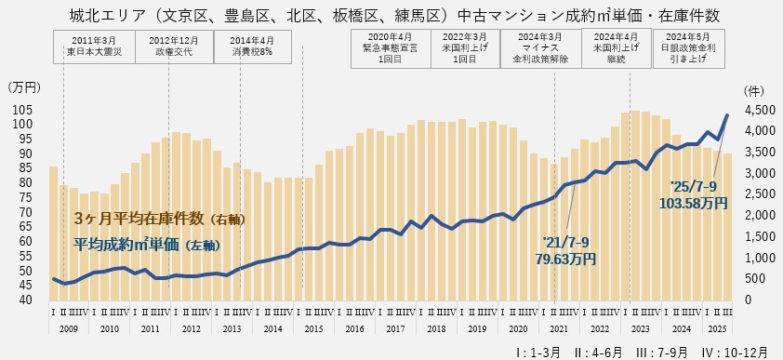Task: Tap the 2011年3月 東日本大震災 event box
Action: (94, 45)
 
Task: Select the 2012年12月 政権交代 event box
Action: (173, 45)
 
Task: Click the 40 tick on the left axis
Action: (28, 300)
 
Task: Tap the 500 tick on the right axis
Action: (756, 279)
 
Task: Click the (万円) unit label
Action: (24, 88)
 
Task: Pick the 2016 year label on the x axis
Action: (354, 328)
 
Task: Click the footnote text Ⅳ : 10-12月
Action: (735, 352)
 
